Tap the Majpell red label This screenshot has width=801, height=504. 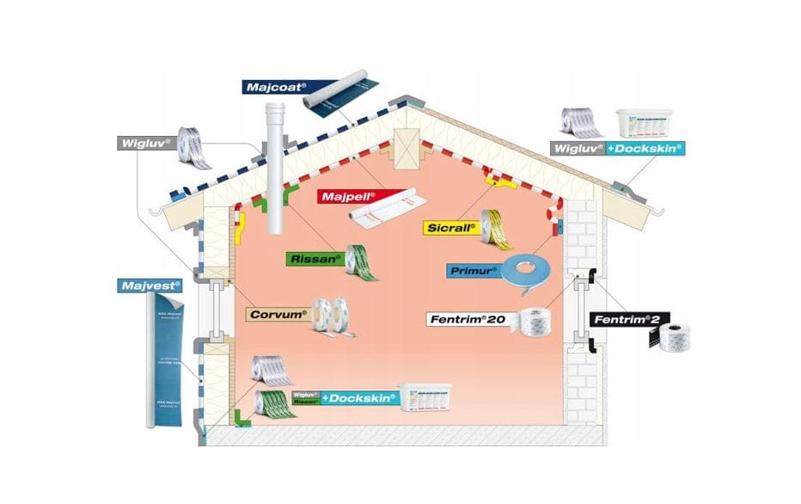tap(346, 195)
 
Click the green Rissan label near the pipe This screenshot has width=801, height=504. tap(315, 257)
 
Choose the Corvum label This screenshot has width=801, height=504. tap(278, 314)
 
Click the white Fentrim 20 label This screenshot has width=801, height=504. tap(468, 319)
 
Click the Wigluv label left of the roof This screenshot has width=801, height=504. tap(145, 143)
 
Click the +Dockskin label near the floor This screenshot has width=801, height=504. tap(361, 397)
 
